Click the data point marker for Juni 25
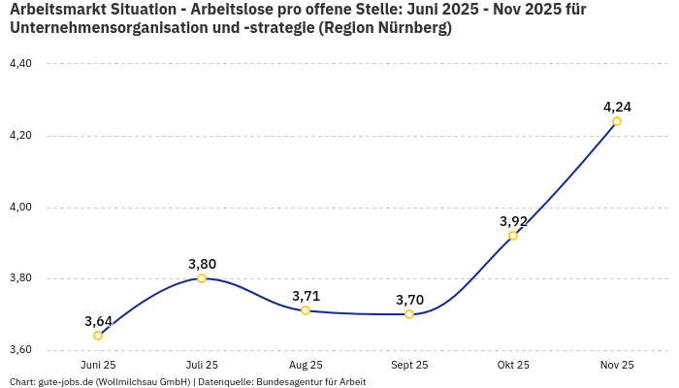98,336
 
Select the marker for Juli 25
202,278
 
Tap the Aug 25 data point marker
306,310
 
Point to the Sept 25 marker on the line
409,314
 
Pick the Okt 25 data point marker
513,236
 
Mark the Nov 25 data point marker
617,121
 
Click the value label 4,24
617,107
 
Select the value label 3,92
513,221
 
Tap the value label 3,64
98,321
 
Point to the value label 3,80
202,264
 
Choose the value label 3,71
306,296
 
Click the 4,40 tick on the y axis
20,64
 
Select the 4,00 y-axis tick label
20,208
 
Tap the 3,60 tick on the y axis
20,350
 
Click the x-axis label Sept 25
409,365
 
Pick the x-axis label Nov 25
617,365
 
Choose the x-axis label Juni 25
98,365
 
